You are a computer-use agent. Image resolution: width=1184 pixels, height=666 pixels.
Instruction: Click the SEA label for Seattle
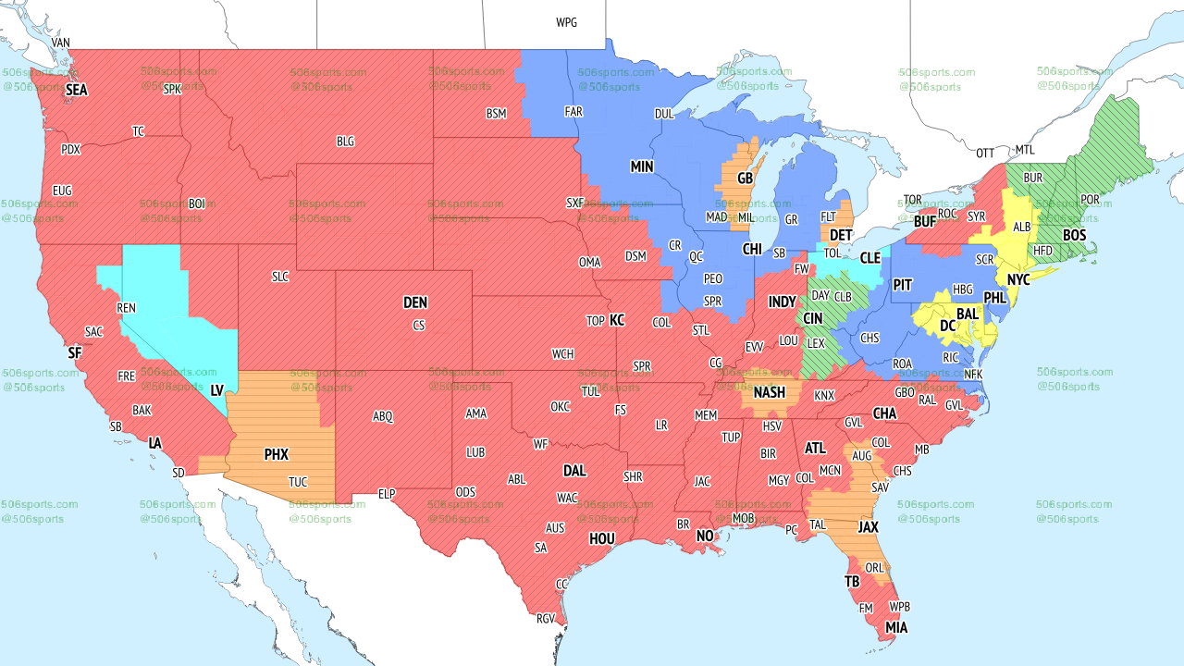point(77,91)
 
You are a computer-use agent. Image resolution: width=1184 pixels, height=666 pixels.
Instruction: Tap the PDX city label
point(70,149)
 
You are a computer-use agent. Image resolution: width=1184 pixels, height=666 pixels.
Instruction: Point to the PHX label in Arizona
point(276,454)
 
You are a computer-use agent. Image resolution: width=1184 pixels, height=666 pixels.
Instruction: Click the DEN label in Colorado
point(415,302)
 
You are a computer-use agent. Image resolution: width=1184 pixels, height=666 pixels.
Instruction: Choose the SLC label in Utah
point(280,277)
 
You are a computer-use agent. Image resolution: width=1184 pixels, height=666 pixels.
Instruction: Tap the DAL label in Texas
point(574,471)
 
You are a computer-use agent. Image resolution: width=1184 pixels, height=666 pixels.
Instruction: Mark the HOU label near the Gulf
point(602,538)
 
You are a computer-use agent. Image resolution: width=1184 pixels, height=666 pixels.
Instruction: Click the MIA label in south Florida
point(896,628)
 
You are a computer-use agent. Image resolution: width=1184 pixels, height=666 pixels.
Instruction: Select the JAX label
point(868,526)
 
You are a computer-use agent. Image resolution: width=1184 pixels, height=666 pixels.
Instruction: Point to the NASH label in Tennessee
point(769,392)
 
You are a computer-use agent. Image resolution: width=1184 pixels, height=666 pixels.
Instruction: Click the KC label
point(617,320)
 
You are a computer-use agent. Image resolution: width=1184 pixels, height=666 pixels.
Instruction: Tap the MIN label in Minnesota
point(642,166)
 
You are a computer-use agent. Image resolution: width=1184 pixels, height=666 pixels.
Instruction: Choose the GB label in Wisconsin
point(745,178)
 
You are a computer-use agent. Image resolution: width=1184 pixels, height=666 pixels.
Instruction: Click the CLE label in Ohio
point(870,258)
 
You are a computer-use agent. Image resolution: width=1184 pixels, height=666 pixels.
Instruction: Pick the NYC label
point(1018,279)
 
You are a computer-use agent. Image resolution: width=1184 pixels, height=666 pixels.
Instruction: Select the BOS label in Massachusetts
point(1074,236)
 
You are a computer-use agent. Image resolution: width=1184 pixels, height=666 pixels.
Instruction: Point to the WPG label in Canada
point(566,22)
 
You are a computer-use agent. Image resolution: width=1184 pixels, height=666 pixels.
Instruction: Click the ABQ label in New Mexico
point(383,416)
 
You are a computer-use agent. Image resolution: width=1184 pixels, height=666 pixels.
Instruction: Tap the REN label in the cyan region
point(126,308)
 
